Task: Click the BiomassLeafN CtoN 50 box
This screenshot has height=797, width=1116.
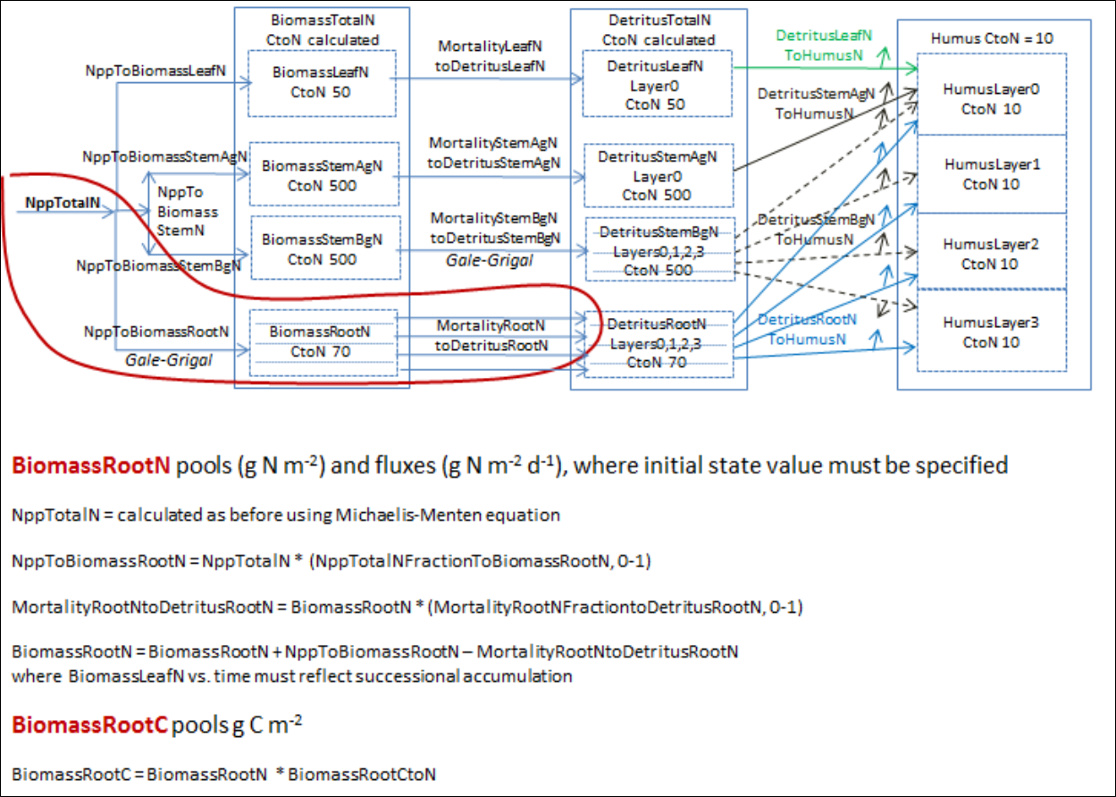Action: pyautogui.click(x=322, y=83)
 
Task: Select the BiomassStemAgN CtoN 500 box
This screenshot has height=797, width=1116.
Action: pyautogui.click(x=322, y=175)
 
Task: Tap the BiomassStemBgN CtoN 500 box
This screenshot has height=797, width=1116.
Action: pyautogui.click(x=322, y=248)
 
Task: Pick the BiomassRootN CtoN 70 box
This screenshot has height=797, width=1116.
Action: pyautogui.click(x=322, y=342)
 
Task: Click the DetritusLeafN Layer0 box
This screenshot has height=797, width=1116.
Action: pyautogui.click(x=657, y=85)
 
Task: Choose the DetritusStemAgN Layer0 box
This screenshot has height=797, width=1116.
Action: pyautogui.click(x=657, y=175)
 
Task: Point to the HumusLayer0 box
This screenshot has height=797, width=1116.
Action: pyautogui.click(x=991, y=98)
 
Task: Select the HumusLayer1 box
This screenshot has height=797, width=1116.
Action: pyautogui.click(x=991, y=174)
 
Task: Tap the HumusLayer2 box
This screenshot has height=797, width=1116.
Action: pyautogui.click(x=991, y=253)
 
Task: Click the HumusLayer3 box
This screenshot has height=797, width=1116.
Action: pyautogui.click(x=991, y=331)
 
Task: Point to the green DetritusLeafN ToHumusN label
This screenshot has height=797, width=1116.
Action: pyautogui.click(x=823, y=45)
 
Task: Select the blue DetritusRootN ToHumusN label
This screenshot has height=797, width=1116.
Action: pyautogui.click(x=807, y=329)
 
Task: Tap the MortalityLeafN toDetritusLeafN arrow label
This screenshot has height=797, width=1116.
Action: pyautogui.click(x=491, y=55)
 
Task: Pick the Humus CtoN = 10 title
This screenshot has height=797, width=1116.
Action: pyautogui.click(x=992, y=38)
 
